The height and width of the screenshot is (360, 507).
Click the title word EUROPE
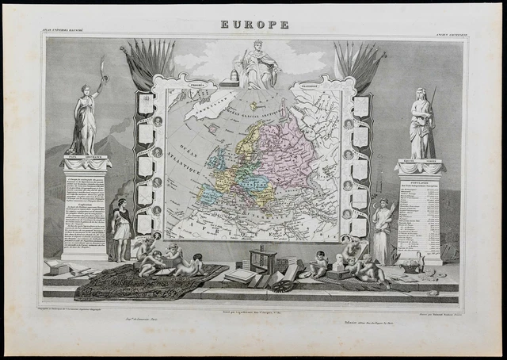point(253,25)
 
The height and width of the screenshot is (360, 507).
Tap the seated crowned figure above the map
point(256,65)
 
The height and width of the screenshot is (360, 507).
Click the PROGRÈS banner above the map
point(193,83)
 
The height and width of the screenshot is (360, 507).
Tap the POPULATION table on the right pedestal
point(419,214)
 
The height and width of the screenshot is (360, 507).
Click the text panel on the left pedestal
point(85,210)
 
